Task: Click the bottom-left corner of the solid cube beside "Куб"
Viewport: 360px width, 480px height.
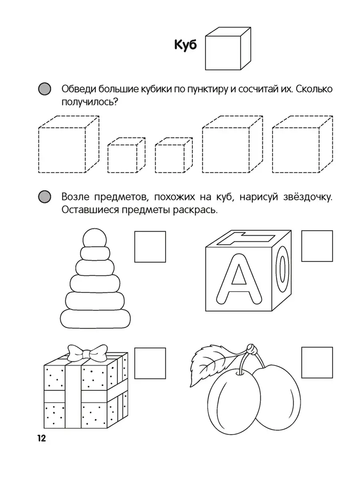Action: click(206, 70)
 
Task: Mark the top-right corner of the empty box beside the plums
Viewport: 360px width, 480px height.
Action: click(332, 347)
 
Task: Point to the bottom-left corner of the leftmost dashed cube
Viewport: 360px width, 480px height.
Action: click(39, 172)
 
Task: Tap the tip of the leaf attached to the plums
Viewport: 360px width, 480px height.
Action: click(190, 388)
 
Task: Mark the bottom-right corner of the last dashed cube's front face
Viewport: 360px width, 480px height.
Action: click(319, 172)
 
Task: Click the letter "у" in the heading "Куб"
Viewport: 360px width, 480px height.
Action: click(186, 46)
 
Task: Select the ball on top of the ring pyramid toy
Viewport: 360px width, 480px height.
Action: click(95, 238)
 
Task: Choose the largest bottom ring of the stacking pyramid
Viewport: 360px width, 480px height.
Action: click(95, 319)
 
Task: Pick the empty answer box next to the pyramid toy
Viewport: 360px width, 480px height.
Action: click(150, 247)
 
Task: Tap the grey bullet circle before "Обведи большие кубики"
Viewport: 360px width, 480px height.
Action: click(44, 89)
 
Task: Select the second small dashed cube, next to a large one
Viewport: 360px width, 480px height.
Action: click(174, 155)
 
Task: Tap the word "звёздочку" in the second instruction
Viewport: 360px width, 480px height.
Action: click(308, 197)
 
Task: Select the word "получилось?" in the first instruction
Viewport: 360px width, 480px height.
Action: click(90, 102)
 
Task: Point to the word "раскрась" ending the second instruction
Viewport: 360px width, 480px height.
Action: click(196, 210)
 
